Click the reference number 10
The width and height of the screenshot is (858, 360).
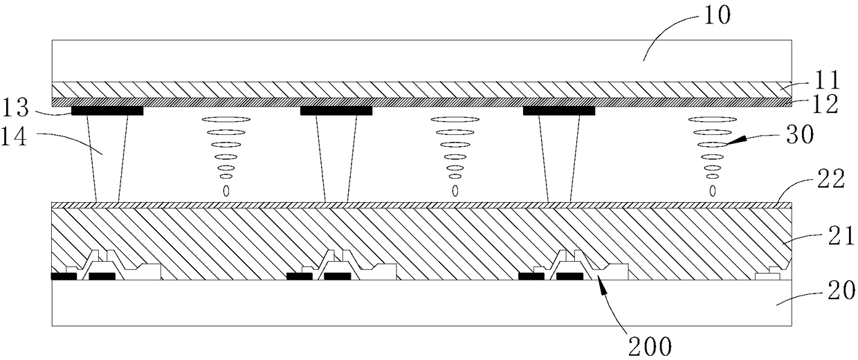pos(717,16)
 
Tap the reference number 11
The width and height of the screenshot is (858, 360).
pos(827,80)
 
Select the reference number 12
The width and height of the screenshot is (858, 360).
pos(825,104)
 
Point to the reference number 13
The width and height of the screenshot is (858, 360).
pos(15,108)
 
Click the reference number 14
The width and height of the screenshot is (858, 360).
pos(14,137)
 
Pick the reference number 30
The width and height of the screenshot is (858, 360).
pos(800,134)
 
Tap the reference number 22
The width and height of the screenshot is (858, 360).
pos(831,179)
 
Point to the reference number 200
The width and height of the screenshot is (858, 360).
pos(650,347)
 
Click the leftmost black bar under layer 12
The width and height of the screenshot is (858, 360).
pos(107,111)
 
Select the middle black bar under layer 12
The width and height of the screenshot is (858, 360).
pos(336,111)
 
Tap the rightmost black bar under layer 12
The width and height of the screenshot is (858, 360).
pos(559,111)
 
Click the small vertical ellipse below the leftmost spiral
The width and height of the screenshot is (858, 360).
pos(226,190)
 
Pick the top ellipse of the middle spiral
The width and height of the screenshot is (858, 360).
pos(455,119)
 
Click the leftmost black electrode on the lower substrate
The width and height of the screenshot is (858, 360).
pos(64,276)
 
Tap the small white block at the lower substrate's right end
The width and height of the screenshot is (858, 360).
pos(767,275)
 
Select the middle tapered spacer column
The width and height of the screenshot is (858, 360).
pos(336,159)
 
